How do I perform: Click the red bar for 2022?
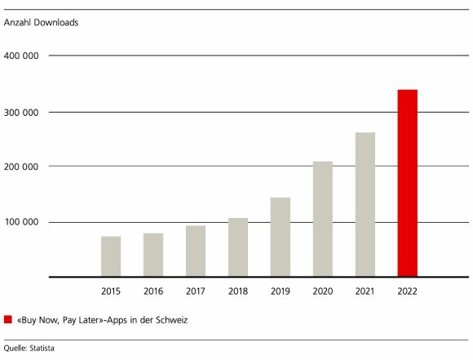tap(407, 184)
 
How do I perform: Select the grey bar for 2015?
tap(111, 256)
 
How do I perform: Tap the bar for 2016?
tap(153, 255)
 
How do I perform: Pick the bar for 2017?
tap(196, 251)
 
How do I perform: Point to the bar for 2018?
tap(238, 247)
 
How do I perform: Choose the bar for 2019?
tap(281, 237)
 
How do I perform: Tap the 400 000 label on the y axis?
tap(24, 56)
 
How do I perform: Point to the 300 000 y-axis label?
tap(24, 112)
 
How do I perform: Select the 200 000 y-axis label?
tap(24, 167)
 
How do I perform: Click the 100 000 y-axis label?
tap(24, 222)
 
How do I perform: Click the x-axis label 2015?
tap(111, 290)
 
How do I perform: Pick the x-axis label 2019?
tap(281, 290)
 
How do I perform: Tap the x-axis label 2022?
tap(407, 290)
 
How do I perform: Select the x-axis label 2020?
tap(323, 290)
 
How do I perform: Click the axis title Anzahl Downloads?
tap(42, 23)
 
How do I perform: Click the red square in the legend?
tap(8, 320)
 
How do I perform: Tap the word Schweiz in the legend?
tap(172, 320)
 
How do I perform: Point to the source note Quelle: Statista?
tap(33, 348)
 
